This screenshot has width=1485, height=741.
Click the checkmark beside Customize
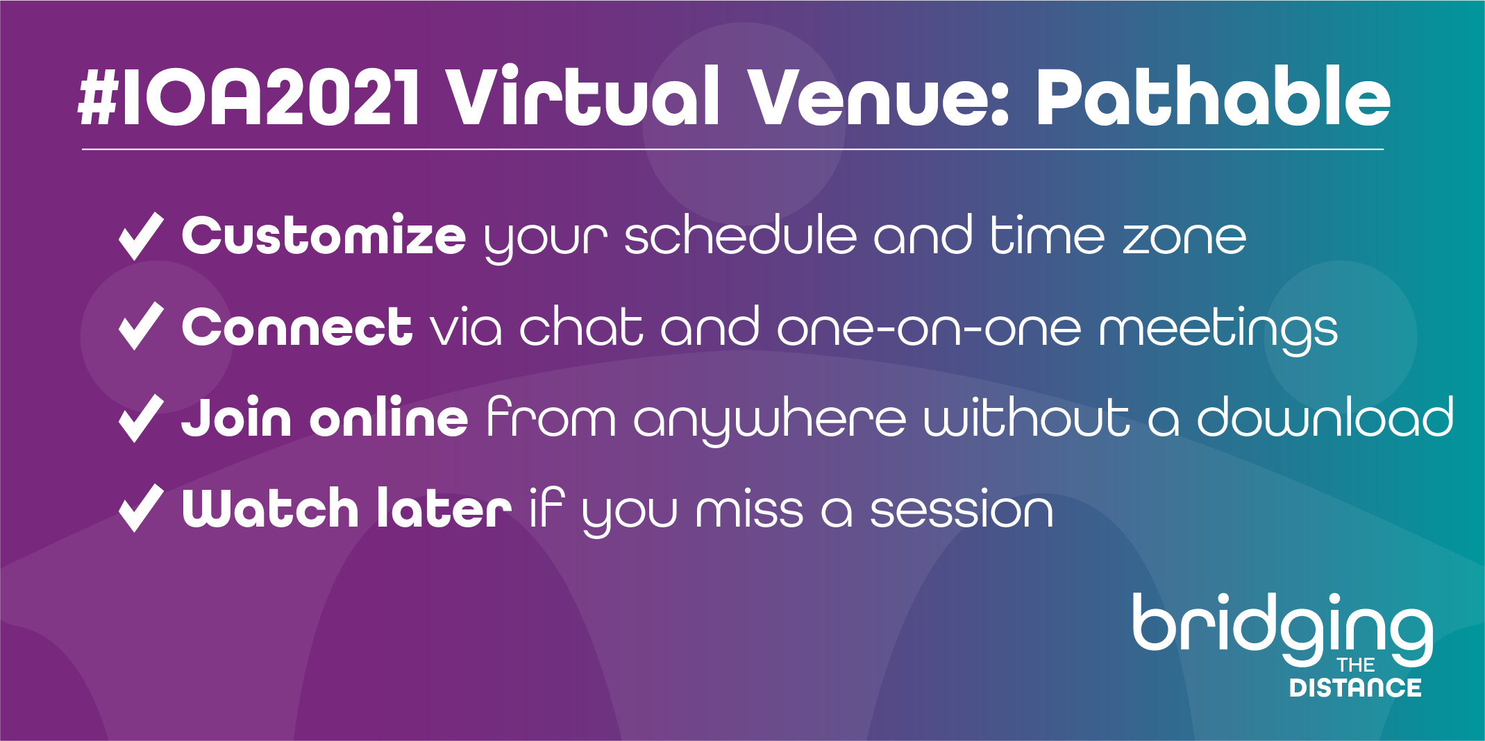pos(141,237)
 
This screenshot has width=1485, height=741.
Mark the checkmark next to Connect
pos(141,326)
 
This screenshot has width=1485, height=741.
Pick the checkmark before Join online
pos(141,418)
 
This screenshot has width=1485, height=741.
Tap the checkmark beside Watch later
pos(141,508)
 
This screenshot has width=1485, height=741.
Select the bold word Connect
pos(297,326)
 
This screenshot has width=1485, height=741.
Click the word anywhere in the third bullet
pos(770,420)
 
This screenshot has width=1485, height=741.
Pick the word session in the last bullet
pos(962,511)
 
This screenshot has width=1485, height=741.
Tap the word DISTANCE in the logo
pos(1355,688)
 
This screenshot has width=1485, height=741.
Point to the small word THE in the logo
pos(1356,665)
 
